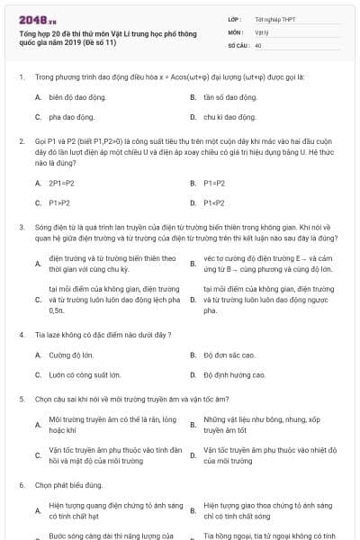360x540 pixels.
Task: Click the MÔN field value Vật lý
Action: (x=261, y=31)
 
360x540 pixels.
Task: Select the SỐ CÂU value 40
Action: (x=258, y=44)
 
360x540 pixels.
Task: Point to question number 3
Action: (x=21, y=228)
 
